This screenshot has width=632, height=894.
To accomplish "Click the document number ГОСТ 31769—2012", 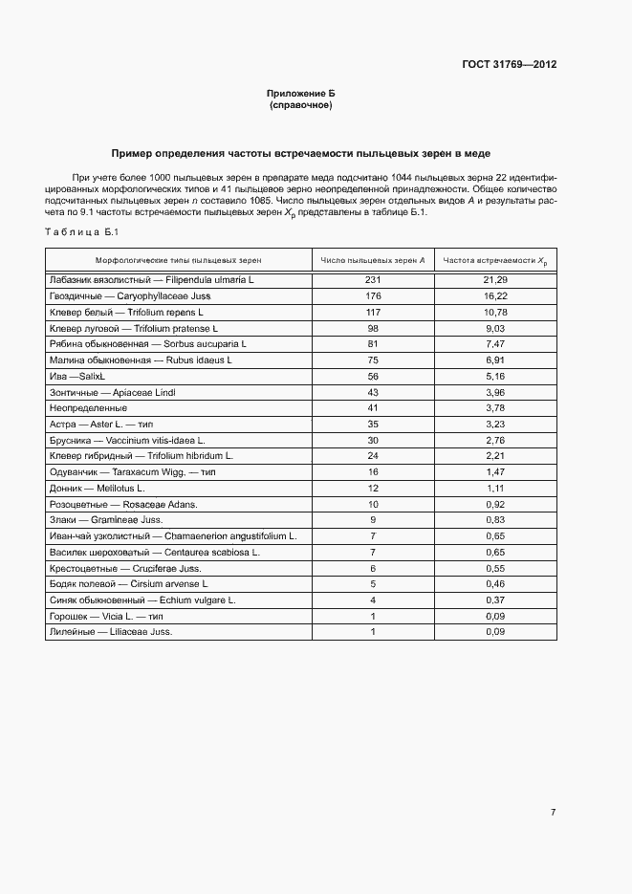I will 508,65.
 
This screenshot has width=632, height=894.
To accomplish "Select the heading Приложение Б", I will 301,94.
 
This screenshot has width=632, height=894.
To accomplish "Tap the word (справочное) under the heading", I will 301,105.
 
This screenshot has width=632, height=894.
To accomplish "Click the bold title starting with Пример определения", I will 301,153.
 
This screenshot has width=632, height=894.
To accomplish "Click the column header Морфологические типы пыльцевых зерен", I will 178,260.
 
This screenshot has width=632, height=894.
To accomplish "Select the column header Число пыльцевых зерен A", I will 373,260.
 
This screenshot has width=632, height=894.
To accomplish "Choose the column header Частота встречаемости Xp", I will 494,260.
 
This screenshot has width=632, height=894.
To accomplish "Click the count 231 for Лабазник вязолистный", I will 373,279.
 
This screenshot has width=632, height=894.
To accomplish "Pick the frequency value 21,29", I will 494,279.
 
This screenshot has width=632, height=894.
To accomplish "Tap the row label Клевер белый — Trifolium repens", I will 126,312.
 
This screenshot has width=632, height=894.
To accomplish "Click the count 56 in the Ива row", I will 373,377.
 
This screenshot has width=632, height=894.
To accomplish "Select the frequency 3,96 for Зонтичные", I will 494,393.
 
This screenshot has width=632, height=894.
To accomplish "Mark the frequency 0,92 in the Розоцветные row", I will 494,504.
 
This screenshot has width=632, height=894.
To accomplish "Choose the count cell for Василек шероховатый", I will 373,553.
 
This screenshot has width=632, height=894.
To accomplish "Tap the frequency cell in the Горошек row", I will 494,617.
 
